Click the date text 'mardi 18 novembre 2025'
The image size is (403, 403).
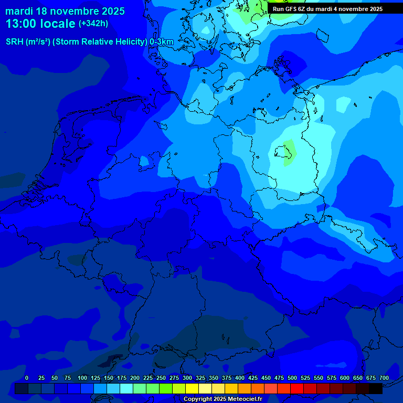pos(65,11)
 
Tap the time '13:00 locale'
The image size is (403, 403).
pos(40,24)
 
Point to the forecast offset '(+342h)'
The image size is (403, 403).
pos(93,24)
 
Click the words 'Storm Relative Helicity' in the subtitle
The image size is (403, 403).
pos(100,42)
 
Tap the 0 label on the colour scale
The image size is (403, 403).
pos(27,378)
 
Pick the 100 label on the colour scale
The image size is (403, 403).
pos(82,378)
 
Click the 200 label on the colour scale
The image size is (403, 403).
pos(135,378)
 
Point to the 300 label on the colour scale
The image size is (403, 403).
pos(187,378)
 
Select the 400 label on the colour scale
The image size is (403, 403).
pos(240,378)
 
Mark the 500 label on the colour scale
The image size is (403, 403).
pos(292,378)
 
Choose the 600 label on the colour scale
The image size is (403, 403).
pos(345,378)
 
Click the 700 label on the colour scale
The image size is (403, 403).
pos(384,378)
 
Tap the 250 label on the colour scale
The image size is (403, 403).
pos(161,378)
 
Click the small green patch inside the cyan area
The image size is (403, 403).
pos(289,153)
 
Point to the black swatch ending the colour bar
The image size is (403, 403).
pos(376,388)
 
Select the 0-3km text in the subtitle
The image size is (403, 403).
pos(162,42)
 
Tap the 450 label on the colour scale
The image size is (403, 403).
pos(266,378)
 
